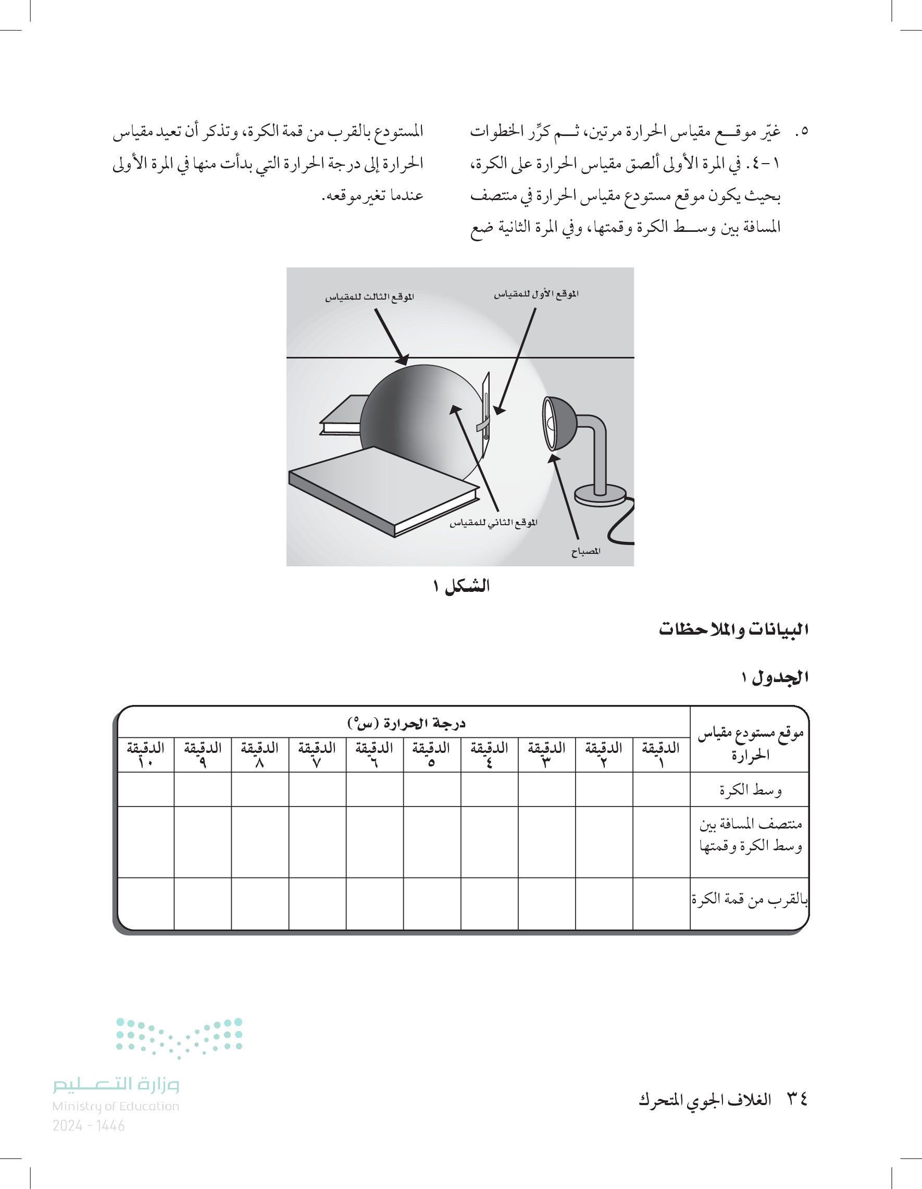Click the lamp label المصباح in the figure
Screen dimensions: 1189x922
pyautogui.click(x=585, y=551)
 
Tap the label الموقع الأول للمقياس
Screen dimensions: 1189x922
pyautogui.click(x=536, y=294)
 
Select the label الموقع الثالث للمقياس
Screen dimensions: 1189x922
pyautogui.click(x=369, y=296)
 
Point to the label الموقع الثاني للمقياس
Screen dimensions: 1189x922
pyautogui.click(x=493, y=523)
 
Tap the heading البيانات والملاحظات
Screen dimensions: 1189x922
pyautogui.click(x=733, y=629)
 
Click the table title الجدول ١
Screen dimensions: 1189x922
pyautogui.click(x=775, y=677)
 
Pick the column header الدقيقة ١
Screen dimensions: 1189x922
pyautogui.click(x=661, y=754)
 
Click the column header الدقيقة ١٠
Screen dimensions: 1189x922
pyautogui.click(x=145, y=754)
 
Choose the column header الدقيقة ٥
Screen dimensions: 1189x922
pyautogui.click(x=431, y=754)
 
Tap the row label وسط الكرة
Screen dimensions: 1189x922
pyautogui.click(x=750, y=789)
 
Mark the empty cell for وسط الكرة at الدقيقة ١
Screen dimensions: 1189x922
pyautogui.click(x=661, y=789)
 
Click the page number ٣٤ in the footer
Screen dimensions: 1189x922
pyautogui.click(x=798, y=1099)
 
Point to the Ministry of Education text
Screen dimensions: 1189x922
pyautogui.click(x=116, y=1106)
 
